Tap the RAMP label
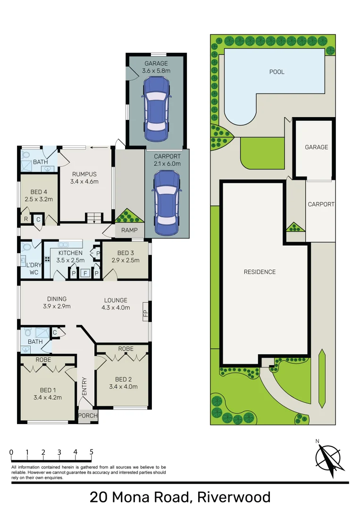129,230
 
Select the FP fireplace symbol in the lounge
145,314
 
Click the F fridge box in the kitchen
85,272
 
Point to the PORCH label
88,416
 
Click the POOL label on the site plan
276,72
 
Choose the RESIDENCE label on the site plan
260,272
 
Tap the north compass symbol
329,459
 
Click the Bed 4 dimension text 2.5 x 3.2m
38,199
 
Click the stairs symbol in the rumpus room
93,218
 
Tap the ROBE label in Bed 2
126,348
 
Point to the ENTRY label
85,386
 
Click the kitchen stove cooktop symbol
48,259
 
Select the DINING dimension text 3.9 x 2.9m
57,306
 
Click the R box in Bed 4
25,219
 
